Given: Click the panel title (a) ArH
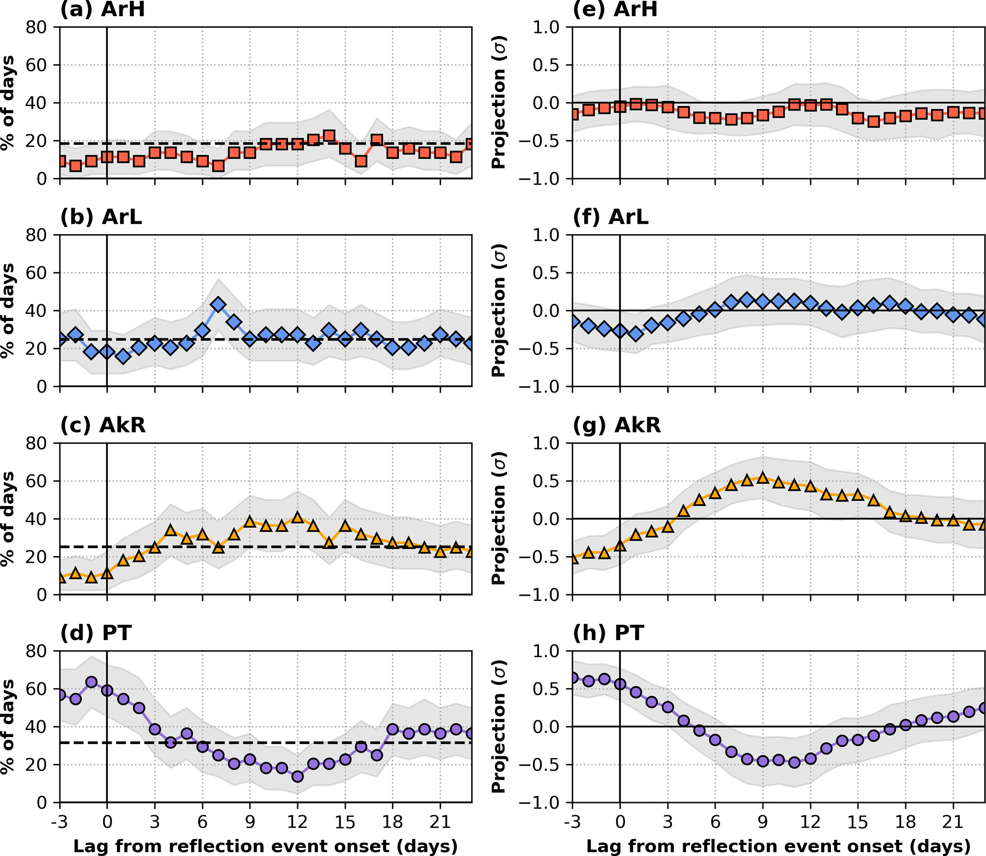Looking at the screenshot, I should click(102, 10).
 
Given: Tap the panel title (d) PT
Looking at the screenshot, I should click(95, 633).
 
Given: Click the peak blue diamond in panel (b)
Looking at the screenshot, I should click(218, 305).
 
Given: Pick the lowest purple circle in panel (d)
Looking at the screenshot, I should click(297, 776).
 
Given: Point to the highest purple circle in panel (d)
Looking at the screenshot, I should click(91, 682).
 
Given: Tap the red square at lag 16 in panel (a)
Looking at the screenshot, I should click(361, 161).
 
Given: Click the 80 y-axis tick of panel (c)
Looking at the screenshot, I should click(36, 443).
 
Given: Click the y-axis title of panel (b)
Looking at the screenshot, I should click(8, 310).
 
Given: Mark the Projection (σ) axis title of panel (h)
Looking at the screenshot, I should click(499, 727).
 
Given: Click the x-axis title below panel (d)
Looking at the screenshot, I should click(266, 846).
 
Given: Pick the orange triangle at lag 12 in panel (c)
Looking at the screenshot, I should click(297, 518).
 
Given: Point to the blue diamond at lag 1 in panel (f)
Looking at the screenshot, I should click(636, 333).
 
